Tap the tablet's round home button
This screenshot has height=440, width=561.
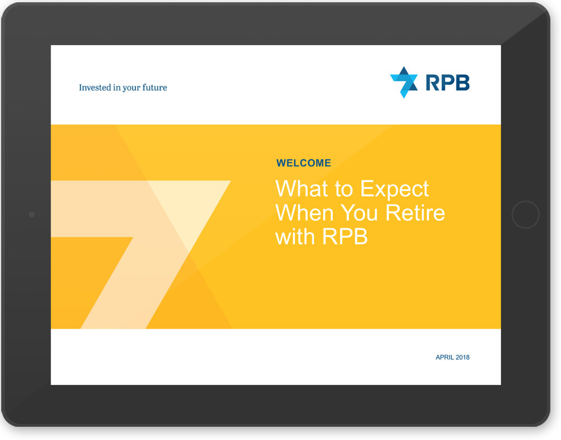[x=525, y=215]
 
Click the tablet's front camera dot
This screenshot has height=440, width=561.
[x=31, y=215]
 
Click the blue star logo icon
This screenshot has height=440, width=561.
[x=404, y=82]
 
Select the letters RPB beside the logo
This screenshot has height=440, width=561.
[x=447, y=82]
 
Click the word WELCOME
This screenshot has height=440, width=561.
[x=304, y=163]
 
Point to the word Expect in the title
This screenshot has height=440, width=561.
[x=394, y=189]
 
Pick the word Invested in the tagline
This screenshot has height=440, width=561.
[x=95, y=87]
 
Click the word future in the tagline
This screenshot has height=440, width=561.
[x=155, y=87]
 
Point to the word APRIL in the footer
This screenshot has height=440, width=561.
[x=445, y=358]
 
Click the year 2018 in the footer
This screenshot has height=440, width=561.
[x=463, y=358]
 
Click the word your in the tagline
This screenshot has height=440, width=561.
[x=131, y=87]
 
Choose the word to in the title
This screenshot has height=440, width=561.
[x=344, y=189]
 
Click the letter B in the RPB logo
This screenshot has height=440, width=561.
[x=463, y=82]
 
